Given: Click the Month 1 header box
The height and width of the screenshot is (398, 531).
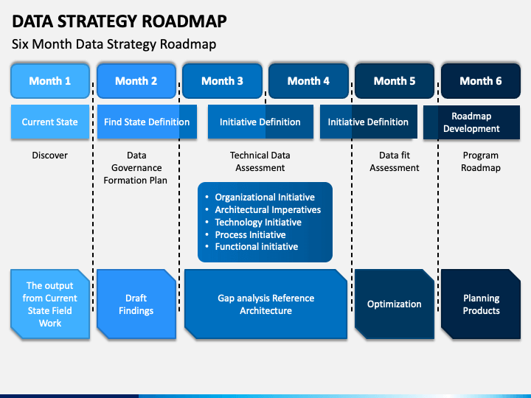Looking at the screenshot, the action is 50,81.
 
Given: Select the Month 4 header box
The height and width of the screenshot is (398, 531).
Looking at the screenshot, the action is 308,81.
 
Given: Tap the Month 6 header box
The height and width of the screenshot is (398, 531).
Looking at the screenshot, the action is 481,81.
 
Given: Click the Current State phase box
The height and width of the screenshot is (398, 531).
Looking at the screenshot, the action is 50,122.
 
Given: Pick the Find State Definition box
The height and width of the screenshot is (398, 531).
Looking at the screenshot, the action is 147,122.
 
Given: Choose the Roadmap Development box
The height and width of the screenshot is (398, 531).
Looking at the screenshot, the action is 471,122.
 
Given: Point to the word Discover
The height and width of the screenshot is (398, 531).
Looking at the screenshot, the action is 50,156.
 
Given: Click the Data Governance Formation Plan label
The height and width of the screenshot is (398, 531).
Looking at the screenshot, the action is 136,168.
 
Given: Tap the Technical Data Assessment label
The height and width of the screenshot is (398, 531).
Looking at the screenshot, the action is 260,161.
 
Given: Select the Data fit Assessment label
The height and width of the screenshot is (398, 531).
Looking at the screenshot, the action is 395,161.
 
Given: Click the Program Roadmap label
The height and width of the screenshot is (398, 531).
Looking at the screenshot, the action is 481,161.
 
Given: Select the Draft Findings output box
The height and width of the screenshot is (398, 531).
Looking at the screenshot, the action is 136,304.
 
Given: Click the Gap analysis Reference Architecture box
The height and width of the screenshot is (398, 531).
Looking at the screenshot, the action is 265,304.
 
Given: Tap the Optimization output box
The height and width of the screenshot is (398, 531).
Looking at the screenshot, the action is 395,304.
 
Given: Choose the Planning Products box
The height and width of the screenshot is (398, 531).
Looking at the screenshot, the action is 481,304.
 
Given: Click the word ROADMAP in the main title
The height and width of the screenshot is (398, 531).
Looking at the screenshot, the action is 184,21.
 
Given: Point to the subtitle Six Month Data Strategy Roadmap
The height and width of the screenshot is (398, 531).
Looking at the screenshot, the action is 114,44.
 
